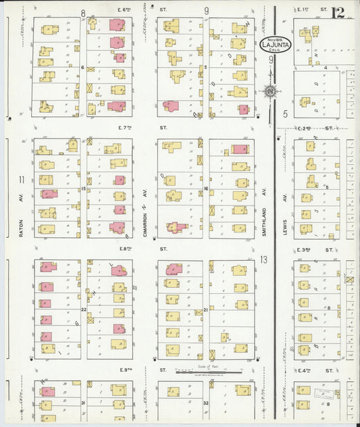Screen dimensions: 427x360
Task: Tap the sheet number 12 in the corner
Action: (338, 11)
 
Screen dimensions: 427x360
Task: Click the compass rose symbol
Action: (270, 91)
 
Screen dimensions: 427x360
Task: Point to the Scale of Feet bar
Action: (207, 371)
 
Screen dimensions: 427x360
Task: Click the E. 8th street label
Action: (125, 248)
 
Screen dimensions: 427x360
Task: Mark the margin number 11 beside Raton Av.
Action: (22, 179)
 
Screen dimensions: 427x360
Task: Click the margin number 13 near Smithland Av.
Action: (264, 259)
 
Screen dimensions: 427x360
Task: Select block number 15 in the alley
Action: (84, 189)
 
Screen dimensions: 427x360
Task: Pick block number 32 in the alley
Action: (205, 403)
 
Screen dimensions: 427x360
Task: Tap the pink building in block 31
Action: (47, 391)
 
